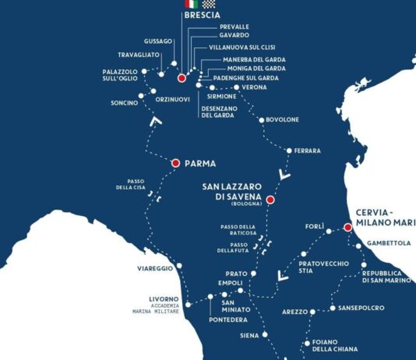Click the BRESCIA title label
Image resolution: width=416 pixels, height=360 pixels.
coord(203,15)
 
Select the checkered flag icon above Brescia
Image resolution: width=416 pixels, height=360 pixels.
coord(208,4)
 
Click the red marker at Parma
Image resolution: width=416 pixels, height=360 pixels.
coord(175,163)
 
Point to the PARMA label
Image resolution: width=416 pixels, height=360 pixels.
coord(199,164)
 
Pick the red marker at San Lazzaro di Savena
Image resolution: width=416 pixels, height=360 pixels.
coord(270,199)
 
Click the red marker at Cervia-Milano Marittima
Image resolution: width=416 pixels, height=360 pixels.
coord(347,228)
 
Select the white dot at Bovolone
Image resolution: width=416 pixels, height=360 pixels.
coord(260,120)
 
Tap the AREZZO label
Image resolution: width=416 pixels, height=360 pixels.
coord(294,312)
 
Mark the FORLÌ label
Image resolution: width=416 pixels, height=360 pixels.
coord(314,226)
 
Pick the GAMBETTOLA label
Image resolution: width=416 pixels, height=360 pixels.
coord(389,243)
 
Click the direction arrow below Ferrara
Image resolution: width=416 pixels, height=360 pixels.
coord(285,175)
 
